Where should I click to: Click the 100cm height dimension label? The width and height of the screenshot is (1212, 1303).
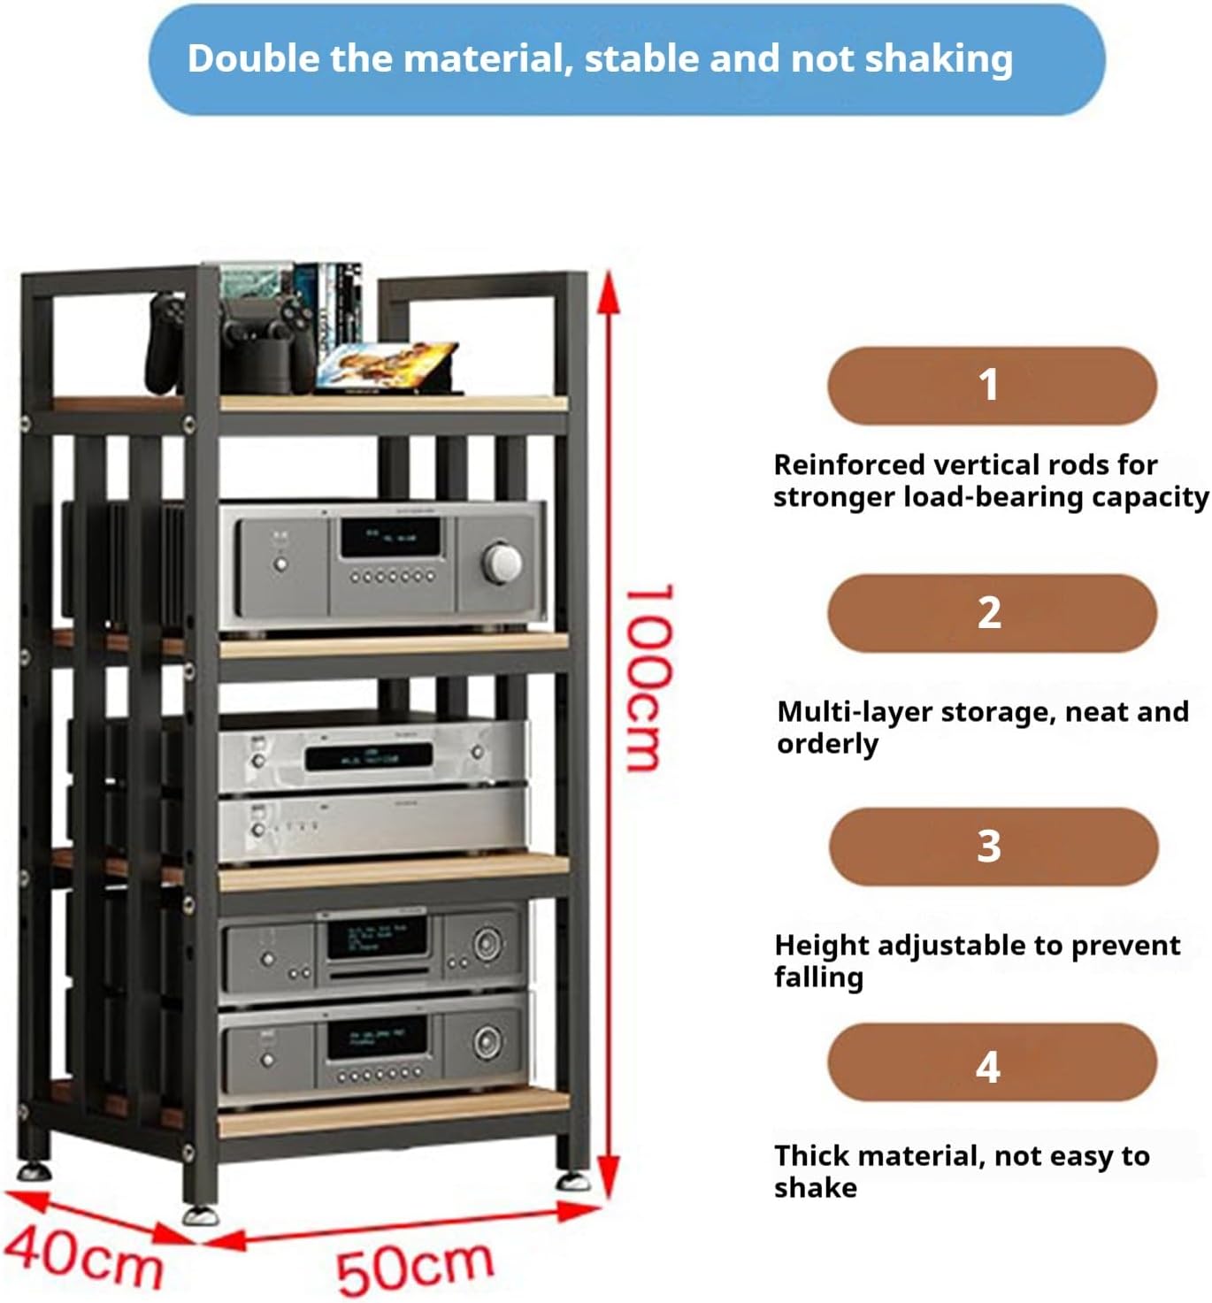tap(650, 677)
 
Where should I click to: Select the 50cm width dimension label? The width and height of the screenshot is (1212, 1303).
tap(414, 1267)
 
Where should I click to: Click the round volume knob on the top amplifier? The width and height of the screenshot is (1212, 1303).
tap(502, 562)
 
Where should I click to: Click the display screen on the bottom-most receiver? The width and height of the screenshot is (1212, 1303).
tap(376, 1038)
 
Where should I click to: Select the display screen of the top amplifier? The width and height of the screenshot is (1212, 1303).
tap(391, 537)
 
